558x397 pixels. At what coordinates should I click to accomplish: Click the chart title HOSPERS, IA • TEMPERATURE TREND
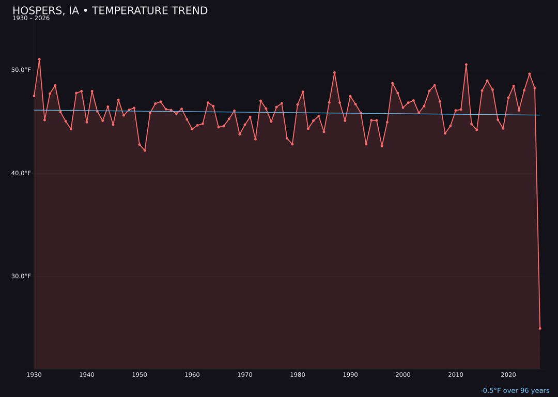110,11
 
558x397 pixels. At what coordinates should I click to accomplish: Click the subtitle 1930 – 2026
31,19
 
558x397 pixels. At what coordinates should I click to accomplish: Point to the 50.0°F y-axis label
22,70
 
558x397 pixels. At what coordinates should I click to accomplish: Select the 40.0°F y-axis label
22,173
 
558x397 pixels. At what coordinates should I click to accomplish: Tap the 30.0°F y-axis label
22,276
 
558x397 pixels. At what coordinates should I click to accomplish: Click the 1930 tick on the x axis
34,375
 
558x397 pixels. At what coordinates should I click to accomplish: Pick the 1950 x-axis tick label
139,375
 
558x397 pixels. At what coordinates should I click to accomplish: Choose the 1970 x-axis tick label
245,375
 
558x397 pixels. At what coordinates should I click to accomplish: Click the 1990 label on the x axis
350,375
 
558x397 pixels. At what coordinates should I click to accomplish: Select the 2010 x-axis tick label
456,375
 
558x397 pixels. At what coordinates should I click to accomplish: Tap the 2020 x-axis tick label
508,375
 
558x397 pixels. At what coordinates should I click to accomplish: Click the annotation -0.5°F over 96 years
515,391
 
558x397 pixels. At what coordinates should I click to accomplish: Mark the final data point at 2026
540,328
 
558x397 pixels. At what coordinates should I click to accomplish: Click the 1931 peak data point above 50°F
39,59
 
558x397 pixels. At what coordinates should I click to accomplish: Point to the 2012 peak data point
466,65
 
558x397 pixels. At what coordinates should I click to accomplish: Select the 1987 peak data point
334,73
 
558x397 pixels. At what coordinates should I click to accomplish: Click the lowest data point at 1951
145,150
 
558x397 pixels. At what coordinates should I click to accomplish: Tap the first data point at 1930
34,96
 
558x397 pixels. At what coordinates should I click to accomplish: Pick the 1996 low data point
382,146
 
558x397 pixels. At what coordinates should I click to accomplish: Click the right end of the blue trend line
540,115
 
